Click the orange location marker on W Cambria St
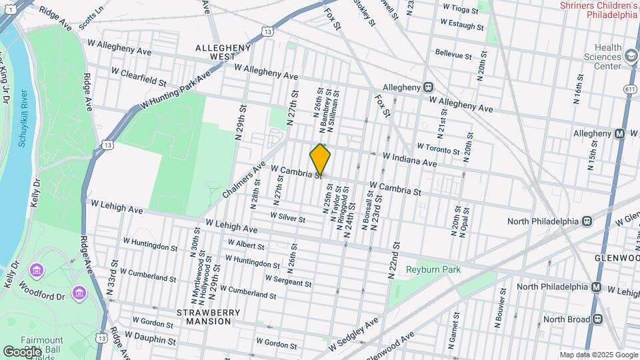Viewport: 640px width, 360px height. click(x=321, y=159)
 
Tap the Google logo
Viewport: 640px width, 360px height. click(x=21, y=351)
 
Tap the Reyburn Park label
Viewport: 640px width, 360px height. click(x=429, y=270)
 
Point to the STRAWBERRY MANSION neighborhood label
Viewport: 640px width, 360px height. click(x=204, y=316)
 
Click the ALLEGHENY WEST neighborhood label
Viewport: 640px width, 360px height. click(x=223, y=53)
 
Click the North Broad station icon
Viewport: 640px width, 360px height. click(x=597, y=319)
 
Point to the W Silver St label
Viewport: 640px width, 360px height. click(x=287, y=217)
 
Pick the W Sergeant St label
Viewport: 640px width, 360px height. click(x=288, y=281)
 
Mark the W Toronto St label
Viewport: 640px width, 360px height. click(x=439, y=148)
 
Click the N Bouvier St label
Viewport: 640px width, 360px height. click(x=498, y=309)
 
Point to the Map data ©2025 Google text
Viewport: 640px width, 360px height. click(x=598, y=355)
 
